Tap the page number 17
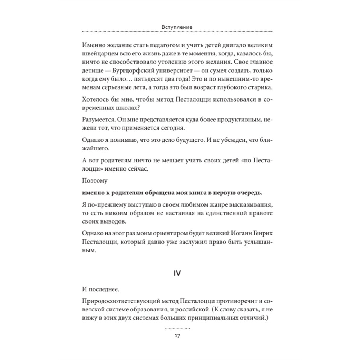pyautogui.click(x=177, y=336)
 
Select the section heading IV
pyautogui.click(x=177, y=273)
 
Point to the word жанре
pyautogui.click(x=204, y=205)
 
